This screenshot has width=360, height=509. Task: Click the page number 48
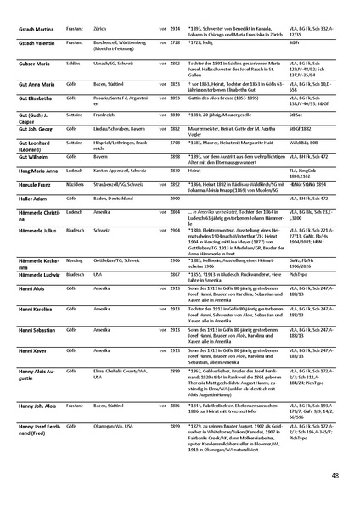tap(336, 475)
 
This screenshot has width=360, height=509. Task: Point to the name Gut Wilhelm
tap(33, 157)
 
